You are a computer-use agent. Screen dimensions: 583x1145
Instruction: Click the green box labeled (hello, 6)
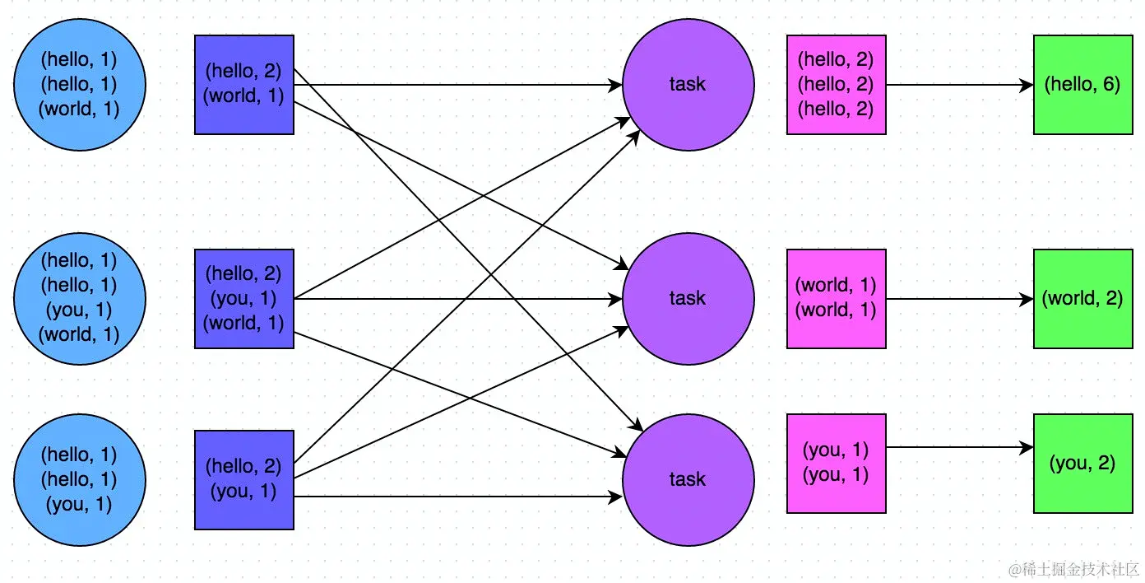tap(1082, 85)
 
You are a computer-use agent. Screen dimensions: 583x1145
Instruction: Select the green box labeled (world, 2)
tap(1082, 299)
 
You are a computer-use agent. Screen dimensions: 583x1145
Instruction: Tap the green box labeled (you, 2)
tap(1082, 464)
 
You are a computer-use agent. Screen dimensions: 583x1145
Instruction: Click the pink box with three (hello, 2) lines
tap(836, 85)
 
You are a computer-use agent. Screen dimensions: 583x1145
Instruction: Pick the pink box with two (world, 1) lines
tap(836, 299)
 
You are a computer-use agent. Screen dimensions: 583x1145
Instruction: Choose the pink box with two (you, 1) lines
tap(836, 464)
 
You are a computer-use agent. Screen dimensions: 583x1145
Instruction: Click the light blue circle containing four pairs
tap(80, 298)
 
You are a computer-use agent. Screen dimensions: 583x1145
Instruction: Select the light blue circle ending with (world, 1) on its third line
tap(80, 84)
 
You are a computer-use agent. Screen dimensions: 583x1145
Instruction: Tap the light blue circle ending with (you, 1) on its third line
tap(80, 479)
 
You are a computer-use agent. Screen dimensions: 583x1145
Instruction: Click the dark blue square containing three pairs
tap(244, 299)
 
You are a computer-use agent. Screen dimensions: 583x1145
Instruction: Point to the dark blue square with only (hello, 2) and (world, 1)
tap(244, 85)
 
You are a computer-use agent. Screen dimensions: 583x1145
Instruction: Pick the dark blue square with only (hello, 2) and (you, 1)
tap(244, 480)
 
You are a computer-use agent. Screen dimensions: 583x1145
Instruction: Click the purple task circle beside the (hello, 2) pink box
tap(688, 85)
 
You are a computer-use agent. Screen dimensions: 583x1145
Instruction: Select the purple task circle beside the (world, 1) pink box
tap(688, 298)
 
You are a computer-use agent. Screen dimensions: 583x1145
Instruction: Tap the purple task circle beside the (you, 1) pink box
tap(688, 479)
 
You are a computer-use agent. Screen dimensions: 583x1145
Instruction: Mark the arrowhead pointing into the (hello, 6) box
tap(1027, 85)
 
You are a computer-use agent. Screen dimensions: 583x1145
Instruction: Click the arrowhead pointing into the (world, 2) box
tap(1027, 299)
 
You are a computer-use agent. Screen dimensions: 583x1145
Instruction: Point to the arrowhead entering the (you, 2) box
tap(1027, 447)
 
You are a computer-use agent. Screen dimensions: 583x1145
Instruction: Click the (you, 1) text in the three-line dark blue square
tap(243, 298)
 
